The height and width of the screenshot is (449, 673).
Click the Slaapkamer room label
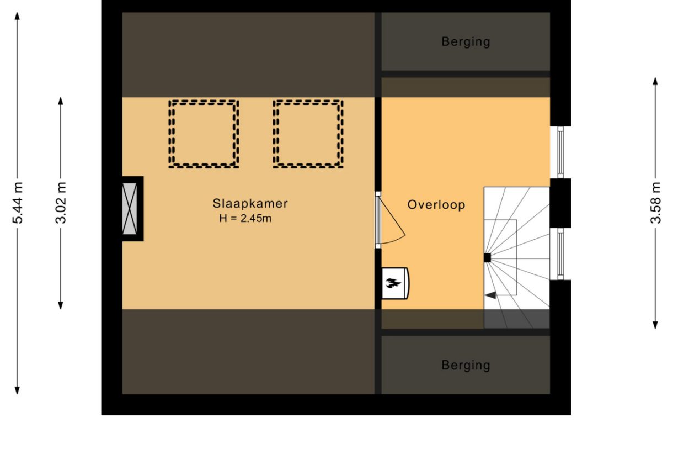250,203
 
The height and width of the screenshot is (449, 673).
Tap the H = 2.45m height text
245,218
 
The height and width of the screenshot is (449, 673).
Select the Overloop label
436,205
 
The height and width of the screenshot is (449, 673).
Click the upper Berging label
466,41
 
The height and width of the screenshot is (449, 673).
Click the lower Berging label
466,365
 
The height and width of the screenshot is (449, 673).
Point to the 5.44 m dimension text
18,203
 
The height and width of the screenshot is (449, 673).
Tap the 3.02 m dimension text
61,203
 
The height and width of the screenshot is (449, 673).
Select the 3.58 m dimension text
655,203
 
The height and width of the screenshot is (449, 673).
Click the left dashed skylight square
204,134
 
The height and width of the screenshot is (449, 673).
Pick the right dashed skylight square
308,134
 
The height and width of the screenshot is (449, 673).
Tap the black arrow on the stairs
490,295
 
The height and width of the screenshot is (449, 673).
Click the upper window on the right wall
560,152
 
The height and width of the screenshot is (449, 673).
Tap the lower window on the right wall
560,254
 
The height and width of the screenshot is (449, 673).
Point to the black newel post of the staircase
487,257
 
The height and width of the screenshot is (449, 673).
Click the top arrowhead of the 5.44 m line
18,15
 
